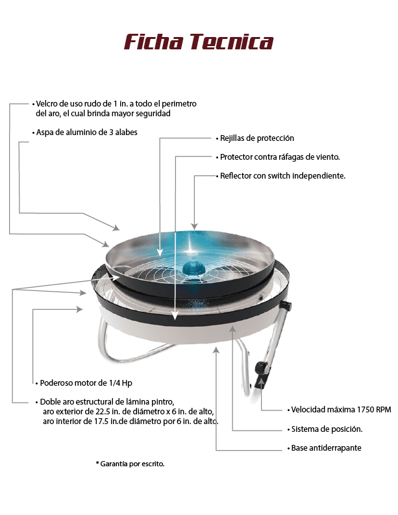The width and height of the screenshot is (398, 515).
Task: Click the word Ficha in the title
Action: click(x=153, y=42)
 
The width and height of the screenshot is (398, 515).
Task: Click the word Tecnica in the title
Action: click(x=232, y=42)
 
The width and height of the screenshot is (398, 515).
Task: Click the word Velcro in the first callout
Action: click(x=45, y=104)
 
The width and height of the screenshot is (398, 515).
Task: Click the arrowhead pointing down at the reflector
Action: click(x=194, y=226)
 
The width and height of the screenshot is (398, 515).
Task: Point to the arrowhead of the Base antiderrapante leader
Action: click(x=216, y=350)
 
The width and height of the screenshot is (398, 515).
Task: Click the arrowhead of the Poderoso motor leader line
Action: click(x=79, y=309)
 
